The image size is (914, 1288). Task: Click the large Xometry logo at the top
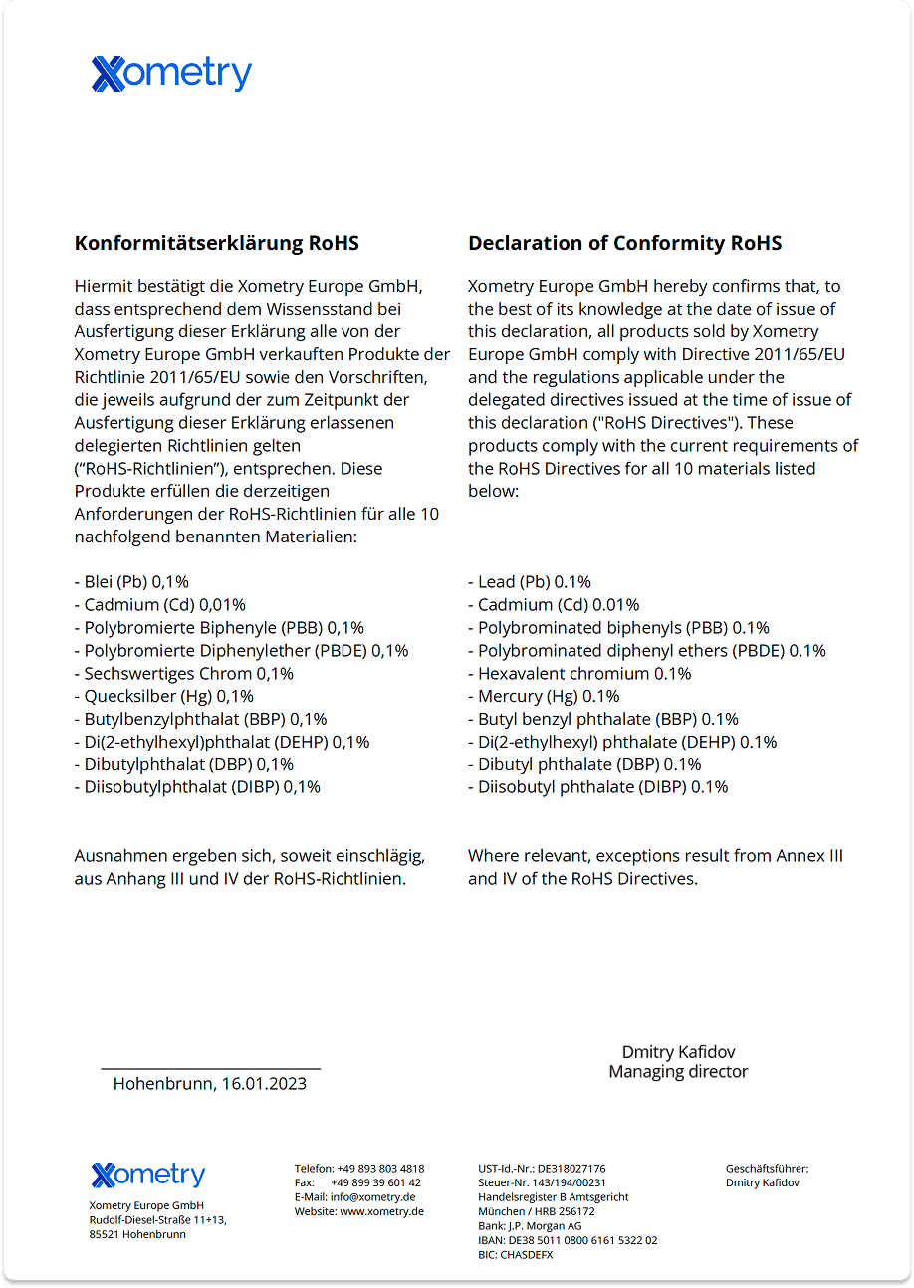tap(171, 75)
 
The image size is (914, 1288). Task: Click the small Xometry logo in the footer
tap(147, 1175)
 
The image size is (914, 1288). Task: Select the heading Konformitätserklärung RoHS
tap(216, 243)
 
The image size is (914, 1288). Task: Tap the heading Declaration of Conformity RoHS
tap(624, 243)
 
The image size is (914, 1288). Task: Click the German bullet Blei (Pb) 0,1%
tap(131, 582)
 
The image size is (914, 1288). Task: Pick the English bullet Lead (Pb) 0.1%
tap(530, 582)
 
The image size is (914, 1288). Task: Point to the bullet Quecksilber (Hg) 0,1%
tap(164, 696)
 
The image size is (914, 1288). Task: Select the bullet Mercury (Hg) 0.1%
tap(544, 696)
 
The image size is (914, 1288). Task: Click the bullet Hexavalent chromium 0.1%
tap(579, 673)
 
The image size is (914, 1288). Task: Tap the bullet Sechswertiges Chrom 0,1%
tap(183, 673)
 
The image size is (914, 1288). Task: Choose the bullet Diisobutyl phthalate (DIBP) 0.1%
tap(597, 787)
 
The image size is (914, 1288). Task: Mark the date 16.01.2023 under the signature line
tap(264, 1084)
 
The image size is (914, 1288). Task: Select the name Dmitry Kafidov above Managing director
tap(678, 1052)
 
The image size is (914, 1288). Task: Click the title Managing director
tap(678, 1072)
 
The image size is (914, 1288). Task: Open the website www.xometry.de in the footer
tap(381, 1211)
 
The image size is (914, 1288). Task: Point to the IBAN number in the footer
tap(568, 1241)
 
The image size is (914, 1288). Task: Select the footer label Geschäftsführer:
tap(767, 1169)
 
